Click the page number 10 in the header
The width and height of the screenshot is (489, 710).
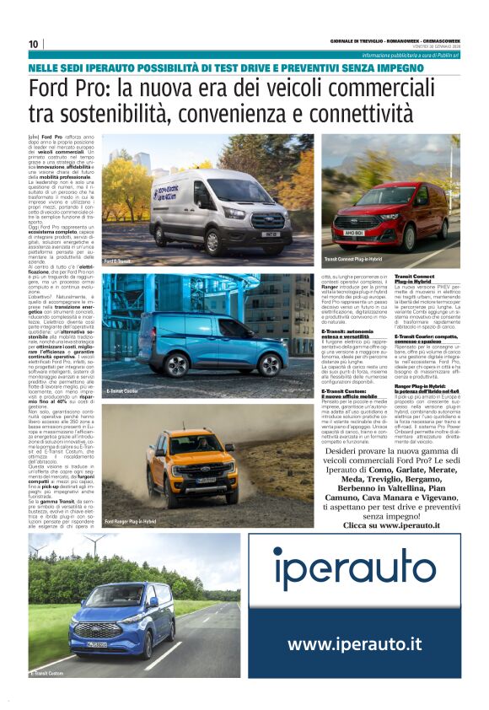point(35,44)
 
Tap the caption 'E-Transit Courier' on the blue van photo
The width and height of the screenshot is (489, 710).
point(122,391)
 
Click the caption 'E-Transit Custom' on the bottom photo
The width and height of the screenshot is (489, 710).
point(49,673)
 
